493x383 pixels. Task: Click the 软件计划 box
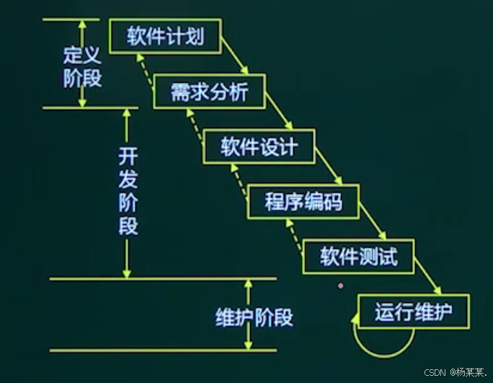pos(165,36)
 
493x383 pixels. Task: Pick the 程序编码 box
pos(303,202)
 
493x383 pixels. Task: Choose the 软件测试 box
pos(359,257)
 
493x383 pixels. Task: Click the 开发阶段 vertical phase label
pos(127,191)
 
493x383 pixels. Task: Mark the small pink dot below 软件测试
pos(339,286)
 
